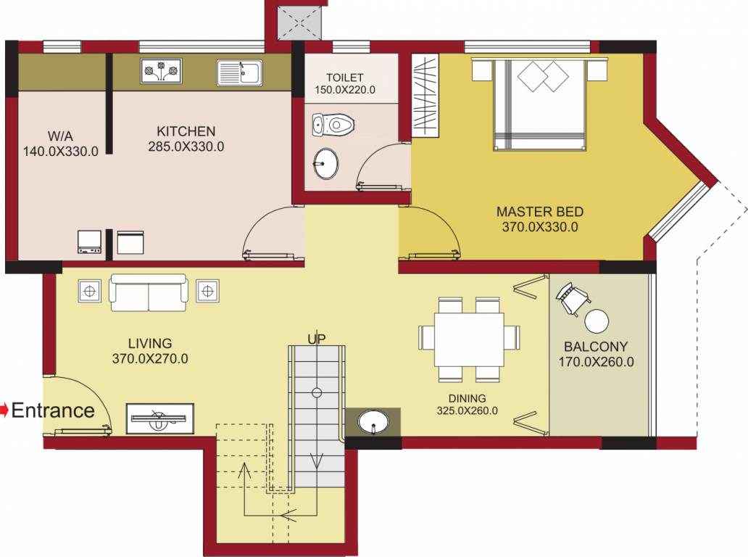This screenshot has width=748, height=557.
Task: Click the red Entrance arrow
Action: click(4, 410)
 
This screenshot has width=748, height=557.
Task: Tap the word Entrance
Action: click(54, 410)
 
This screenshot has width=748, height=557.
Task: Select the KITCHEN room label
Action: click(186, 131)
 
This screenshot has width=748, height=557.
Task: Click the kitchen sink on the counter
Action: click(239, 73)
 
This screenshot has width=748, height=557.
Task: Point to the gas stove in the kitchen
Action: click(161, 71)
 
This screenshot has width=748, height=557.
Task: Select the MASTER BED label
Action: click(539, 212)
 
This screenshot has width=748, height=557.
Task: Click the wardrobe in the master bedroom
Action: click(426, 96)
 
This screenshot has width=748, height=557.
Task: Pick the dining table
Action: click(469, 339)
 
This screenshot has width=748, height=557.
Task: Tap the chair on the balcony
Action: click(573, 298)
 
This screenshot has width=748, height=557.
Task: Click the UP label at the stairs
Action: click(316, 339)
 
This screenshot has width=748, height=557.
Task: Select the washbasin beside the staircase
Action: click(373, 421)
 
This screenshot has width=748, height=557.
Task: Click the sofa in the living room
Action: click(149, 292)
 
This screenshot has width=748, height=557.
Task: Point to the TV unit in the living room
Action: click(160, 418)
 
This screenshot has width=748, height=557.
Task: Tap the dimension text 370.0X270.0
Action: click(150, 358)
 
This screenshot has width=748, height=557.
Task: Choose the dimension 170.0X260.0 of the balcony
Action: click(596, 361)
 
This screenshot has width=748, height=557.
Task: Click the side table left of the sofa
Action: click(90, 292)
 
